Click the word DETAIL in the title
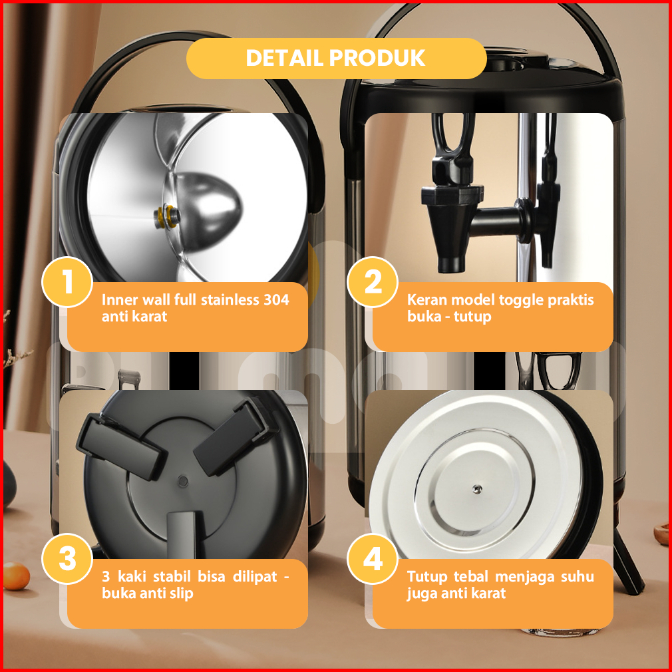pyautogui.click(x=284, y=58)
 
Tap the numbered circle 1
pyautogui.click(x=67, y=282)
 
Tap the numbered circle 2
pyautogui.click(x=373, y=282)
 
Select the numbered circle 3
pyautogui.click(x=67, y=559)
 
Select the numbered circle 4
pyautogui.click(x=373, y=559)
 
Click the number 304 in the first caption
pyautogui.click(x=276, y=299)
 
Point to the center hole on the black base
pyautogui.click(x=183, y=481)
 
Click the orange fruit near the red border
pyautogui.click(x=16, y=576)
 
